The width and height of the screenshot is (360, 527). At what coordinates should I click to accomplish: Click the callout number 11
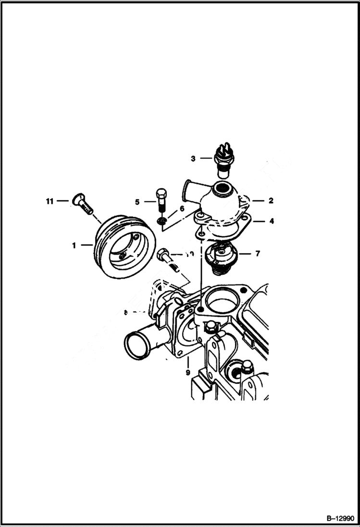pyautogui.click(x=49, y=201)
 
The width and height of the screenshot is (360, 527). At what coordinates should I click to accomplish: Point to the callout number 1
pyautogui.click(x=74, y=245)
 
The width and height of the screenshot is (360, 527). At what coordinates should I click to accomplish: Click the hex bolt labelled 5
pyautogui.click(x=161, y=199)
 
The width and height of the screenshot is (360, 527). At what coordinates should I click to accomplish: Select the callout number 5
pyautogui.click(x=137, y=202)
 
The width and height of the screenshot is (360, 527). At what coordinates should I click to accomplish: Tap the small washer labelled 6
pyautogui.click(x=162, y=221)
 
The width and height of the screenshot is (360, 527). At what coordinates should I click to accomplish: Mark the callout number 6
pyautogui.click(x=182, y=208)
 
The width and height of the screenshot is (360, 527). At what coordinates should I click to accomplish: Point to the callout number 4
pyautogui.click(x=272, y=221)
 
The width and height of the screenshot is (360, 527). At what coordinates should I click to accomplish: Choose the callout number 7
pyautogui.click(x=258, y=253)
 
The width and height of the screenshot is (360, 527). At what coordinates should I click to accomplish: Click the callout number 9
pyautogui.click(x=187, y=372)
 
